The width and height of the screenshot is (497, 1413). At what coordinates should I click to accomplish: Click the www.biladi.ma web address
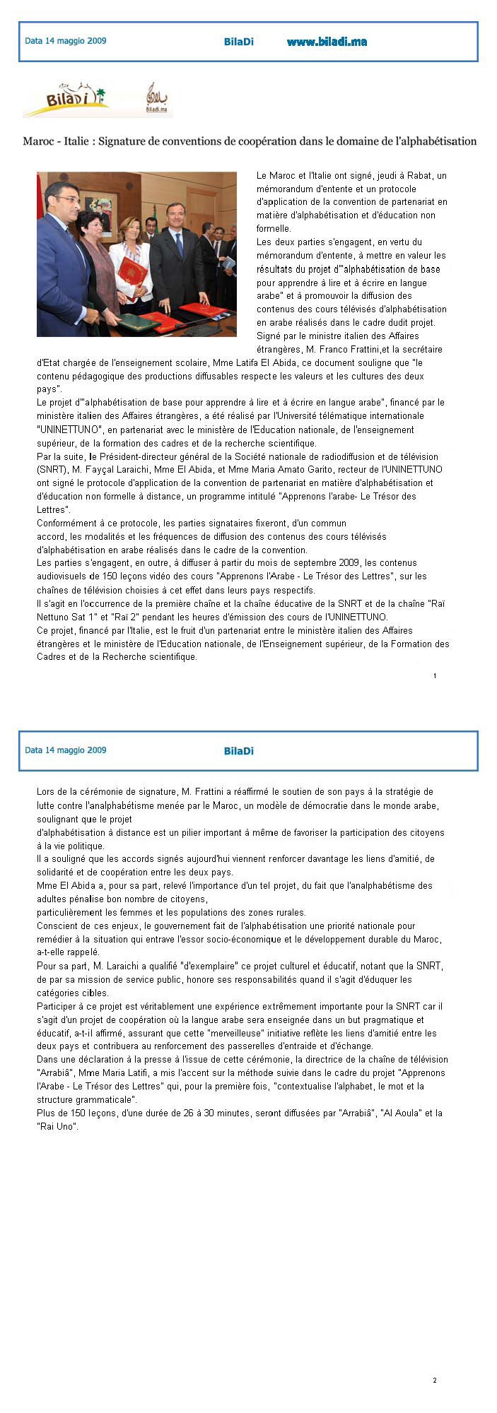point(327,42)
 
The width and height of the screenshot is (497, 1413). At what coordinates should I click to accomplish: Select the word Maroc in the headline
point(37,141)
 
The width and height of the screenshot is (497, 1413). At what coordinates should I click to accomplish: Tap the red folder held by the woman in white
point(132,271)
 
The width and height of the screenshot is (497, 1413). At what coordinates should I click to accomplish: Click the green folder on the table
point(137,323)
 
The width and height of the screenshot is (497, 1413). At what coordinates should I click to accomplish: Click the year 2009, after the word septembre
point(404,563)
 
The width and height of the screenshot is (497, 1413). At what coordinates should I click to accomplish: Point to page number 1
point(435,676)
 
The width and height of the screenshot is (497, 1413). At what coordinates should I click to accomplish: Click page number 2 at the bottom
point(435,1380)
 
